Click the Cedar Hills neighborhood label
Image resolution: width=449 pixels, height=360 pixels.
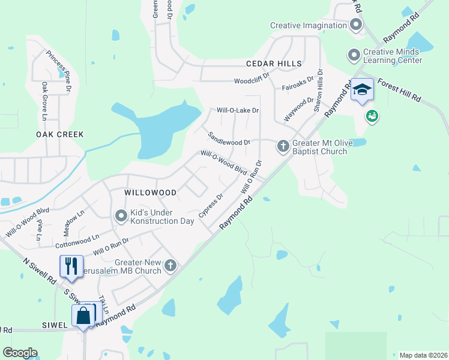273,64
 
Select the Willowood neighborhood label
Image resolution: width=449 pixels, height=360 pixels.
150,193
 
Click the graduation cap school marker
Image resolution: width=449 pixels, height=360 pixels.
362,90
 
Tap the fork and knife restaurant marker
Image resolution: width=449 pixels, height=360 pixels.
71,266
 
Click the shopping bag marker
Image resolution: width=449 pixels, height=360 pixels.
83,316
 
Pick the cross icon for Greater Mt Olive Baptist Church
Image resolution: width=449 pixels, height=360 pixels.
283,146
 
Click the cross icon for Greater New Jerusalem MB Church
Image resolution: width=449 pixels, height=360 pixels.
171,265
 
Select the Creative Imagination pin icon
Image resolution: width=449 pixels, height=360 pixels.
355,25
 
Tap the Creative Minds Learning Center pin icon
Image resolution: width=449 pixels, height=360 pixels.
354,55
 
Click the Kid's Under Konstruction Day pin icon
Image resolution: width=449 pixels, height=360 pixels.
121,215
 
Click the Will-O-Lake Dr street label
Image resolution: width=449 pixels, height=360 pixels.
238,110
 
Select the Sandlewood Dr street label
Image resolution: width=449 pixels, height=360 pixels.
229,139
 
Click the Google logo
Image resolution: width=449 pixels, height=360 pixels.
20,353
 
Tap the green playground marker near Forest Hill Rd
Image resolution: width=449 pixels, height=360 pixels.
372,116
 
